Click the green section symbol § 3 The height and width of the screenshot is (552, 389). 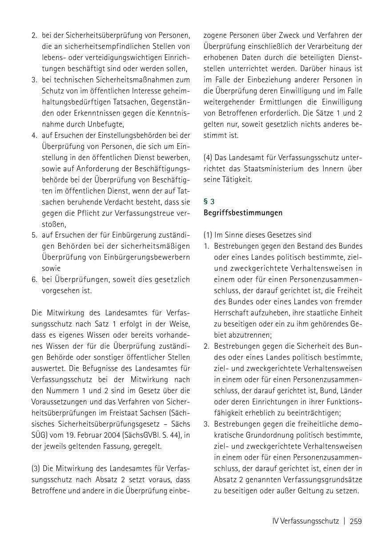(x=209, y=201)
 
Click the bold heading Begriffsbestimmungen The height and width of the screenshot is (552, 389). (x=243, y=213)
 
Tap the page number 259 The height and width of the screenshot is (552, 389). (x=356, y=521)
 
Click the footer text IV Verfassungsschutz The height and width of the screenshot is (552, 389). (x=305, y=521)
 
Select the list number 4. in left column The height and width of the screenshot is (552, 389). (x=34, y=135)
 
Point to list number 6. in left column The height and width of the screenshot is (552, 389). (x=34, y=280)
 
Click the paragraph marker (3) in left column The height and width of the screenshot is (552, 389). (x=36, y=469)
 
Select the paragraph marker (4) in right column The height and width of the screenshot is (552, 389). (x=208, y=157)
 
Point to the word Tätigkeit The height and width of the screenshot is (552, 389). (x=237, y=180)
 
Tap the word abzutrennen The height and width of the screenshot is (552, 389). (x=241, y=335)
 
